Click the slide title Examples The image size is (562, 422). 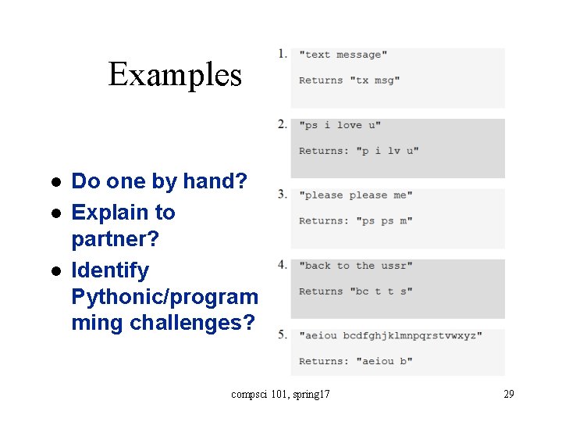(x=175, y=75)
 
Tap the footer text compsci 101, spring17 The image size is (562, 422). (x=280, y=395)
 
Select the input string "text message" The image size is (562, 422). (x=343, y=55)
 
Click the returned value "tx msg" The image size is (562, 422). (x=375, y=80)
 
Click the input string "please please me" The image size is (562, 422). (x=355, y=195)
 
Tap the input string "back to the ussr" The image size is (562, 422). (x=355, y=266)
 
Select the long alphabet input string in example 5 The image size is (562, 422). (x=390, y=336)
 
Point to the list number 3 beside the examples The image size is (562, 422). (x=282, y=194)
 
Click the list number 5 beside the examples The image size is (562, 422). (x=282, y=334)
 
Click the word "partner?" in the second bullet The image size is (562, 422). (x=115, y=238)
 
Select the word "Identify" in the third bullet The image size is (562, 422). (x=110, y=270)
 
